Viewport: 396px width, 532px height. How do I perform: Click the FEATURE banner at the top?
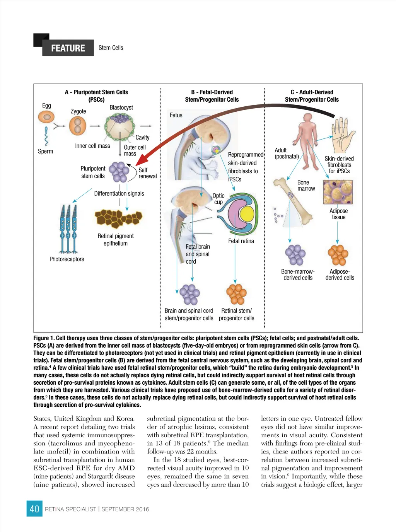68,48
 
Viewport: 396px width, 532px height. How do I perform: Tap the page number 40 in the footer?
34,509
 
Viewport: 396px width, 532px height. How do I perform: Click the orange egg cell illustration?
46,116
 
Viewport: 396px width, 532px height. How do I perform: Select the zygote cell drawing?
77,126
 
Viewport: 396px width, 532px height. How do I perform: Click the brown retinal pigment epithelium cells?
118,218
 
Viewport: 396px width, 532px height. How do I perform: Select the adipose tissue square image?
338,192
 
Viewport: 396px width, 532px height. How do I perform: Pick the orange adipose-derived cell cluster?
338,255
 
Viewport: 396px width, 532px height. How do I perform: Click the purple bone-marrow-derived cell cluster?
295,255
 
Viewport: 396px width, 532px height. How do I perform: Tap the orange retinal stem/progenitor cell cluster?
236,294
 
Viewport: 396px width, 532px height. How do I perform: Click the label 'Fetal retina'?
241,241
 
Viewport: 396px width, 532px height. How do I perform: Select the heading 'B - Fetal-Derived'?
212,92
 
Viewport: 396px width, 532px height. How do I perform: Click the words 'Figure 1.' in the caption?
44,338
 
